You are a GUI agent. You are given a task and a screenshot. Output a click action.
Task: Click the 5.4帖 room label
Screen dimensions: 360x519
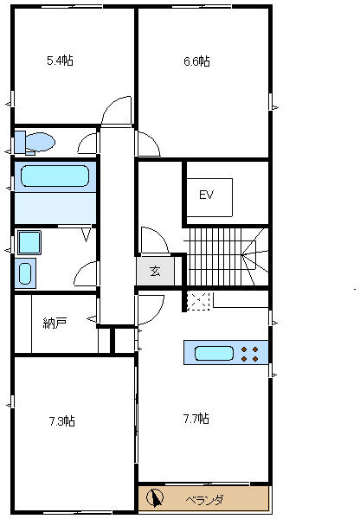pos(60,61)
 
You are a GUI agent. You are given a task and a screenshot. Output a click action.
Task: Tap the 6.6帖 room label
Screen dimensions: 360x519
pos(196,61)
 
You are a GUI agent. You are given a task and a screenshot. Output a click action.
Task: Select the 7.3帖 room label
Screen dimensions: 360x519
pos(62,421)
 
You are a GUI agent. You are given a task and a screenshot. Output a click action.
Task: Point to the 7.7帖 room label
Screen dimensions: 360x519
pos(196,419)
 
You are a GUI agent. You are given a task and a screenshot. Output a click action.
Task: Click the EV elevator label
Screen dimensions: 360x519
pos(206,195)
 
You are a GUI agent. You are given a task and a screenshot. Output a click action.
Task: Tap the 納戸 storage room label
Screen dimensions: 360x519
pos(55,323)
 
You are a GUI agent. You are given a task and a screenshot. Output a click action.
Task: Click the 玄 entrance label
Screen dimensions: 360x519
pos(155,271)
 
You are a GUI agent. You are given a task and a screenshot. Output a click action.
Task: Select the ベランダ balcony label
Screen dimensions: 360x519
pos(204,499)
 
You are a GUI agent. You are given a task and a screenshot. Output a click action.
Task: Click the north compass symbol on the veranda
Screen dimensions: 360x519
pos(155,497)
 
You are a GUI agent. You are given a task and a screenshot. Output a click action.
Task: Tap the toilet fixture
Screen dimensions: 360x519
pos(35,143)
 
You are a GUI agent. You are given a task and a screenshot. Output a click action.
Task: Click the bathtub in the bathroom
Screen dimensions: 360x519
pos(55,176)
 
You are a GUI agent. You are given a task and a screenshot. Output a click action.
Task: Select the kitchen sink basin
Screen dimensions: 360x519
pos(214,353)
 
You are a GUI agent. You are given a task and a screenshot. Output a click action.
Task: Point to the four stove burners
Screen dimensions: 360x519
pos(250,354)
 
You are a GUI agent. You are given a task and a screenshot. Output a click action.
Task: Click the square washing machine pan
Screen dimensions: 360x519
pos(29,242)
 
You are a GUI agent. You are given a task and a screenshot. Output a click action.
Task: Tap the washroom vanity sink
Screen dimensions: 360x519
pos(25,273)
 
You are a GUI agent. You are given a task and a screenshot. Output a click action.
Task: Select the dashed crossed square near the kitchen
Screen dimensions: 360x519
pos(198,302)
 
